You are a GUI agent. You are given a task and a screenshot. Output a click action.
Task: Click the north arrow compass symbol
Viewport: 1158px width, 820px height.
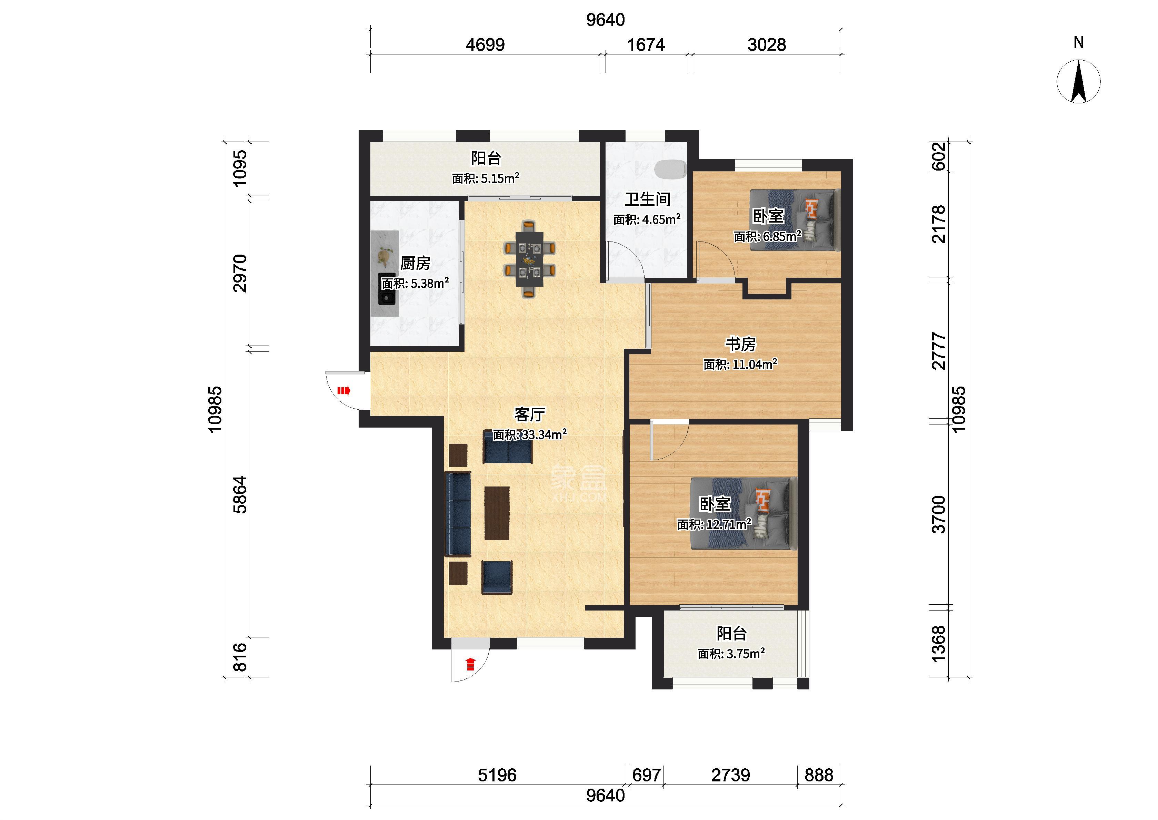[x=1079, y=81]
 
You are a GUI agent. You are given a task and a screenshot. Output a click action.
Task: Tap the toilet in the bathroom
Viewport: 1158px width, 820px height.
[x=670, y=169]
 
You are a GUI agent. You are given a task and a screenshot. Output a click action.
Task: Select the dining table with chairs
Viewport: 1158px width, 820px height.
[x=529, y=259]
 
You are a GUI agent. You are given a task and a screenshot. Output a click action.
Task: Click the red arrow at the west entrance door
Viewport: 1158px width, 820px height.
[x=343, y=390]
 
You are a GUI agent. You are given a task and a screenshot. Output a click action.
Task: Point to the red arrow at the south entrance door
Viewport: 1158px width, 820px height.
[x=470, y=664]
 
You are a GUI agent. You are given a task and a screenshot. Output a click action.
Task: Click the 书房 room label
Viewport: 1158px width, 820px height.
[x=741, y=344]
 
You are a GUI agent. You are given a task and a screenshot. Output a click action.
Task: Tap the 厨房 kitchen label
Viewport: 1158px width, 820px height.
[x=415, y=263]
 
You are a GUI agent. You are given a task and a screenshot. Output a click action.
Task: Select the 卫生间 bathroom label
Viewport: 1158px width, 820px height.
[x=647, y=199]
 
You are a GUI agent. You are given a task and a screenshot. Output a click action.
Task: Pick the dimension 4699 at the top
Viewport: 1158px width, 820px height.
[x=485, y=45]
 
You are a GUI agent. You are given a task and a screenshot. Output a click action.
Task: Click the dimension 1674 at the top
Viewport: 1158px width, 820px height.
[x=646, y=45]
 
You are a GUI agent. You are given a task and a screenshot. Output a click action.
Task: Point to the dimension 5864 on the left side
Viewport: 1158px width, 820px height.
[x=240, y=494]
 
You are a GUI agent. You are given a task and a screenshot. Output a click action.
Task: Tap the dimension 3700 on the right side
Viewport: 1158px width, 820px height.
[x=938, y=514]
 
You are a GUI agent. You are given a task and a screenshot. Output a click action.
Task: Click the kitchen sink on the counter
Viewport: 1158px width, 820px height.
[x=387, y=290]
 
